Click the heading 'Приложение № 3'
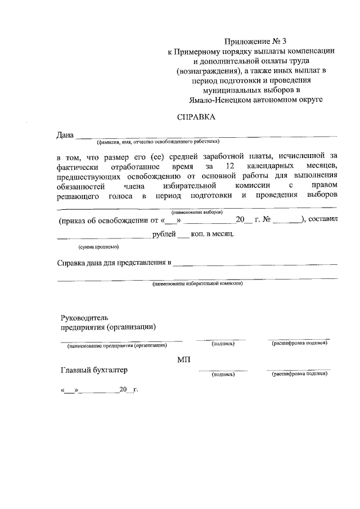[x=251, y=41]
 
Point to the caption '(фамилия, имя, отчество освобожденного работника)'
[x=158, y=142]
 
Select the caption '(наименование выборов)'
[x=197, y=212]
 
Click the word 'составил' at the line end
[x=323, y=220]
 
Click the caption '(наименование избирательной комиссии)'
[x=197, y=284]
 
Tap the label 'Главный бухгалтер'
[x=94, y=370]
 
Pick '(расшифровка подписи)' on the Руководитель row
[x=299, y=343]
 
